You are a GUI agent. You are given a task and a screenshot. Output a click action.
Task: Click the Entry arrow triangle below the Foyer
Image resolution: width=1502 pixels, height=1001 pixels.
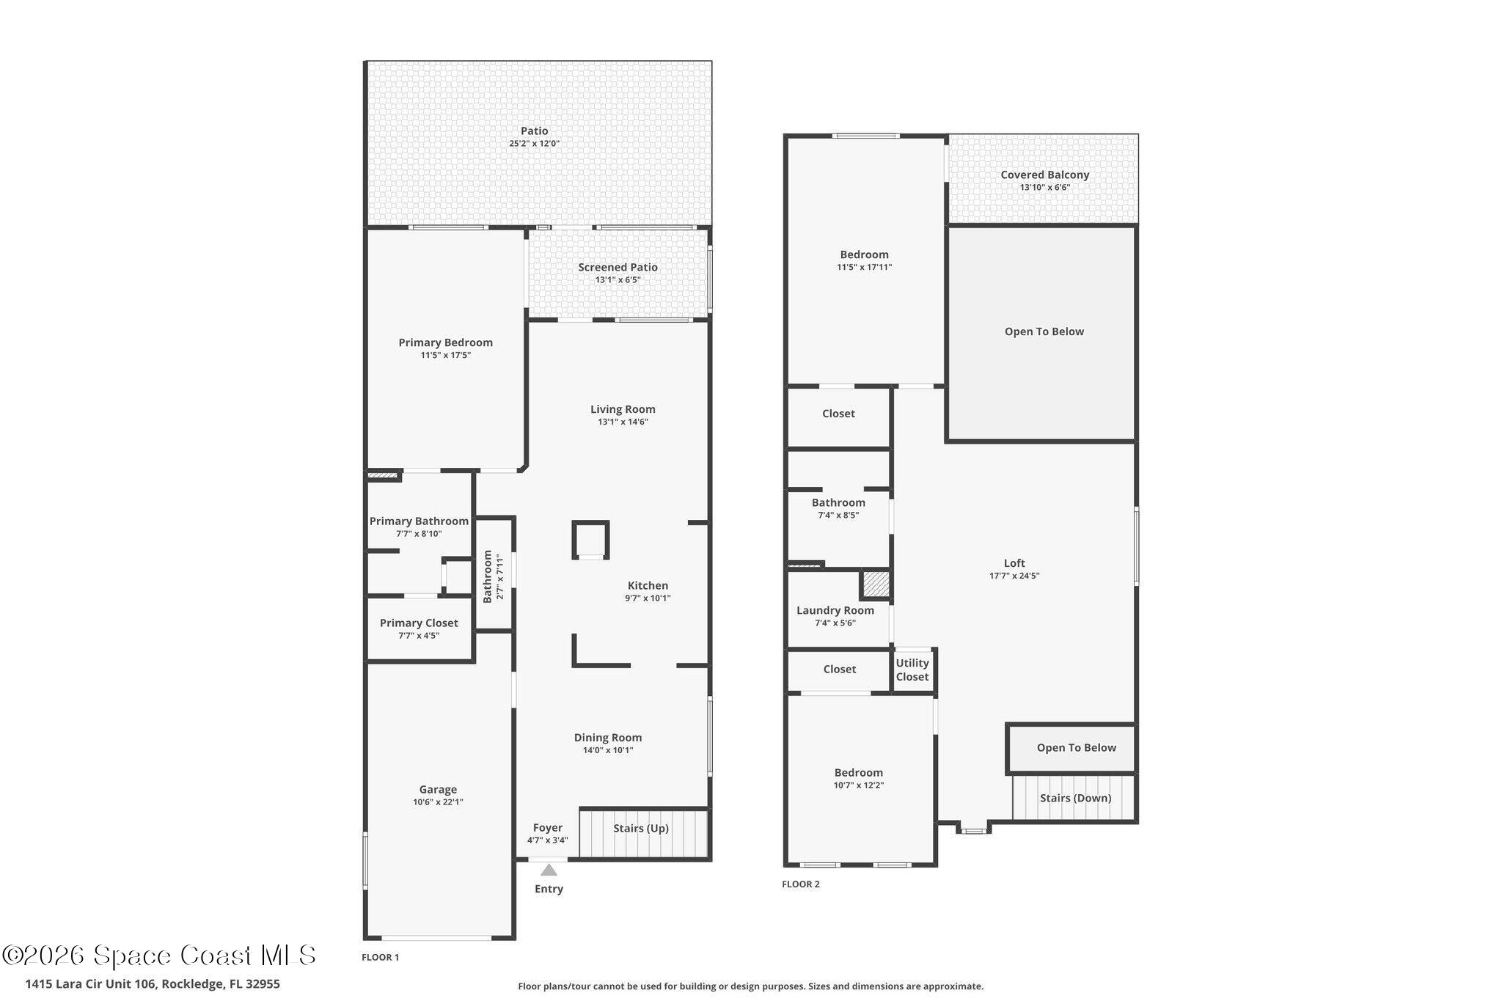(x=549, y=870)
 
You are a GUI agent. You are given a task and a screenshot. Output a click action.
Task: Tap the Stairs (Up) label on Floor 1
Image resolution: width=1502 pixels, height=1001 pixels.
(x=641, y=828)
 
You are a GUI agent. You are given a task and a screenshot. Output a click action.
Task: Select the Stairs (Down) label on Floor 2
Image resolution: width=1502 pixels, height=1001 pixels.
(x=1075, y=798)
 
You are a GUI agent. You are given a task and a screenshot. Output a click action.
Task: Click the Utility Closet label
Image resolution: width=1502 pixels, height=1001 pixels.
(x=912, y=670)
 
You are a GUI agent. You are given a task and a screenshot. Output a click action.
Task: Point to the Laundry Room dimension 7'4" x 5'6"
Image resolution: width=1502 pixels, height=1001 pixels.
(x=835, y=623)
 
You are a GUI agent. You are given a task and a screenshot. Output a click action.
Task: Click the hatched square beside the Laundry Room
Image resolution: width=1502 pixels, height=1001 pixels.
(x=875, y=584)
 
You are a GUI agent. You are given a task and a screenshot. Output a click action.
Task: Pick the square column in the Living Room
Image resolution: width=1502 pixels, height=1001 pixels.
(x=590, y=540)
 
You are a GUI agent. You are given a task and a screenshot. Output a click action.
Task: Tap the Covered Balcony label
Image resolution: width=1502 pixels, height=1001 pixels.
(x=1044, y=175)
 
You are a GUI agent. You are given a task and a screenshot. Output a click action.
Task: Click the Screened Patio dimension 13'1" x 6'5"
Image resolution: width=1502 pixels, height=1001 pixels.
(x=618, y=280)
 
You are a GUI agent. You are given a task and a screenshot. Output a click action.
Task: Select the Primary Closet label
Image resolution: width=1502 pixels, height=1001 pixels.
(x=419, y=623)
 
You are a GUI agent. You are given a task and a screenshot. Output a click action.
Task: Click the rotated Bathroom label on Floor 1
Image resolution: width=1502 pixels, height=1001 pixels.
(x=488, y=576)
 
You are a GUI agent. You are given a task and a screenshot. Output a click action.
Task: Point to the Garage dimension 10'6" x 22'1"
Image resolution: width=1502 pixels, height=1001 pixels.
(x=438, y=802)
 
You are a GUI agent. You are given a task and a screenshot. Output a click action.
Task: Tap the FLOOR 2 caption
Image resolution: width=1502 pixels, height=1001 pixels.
(x=800, y=884)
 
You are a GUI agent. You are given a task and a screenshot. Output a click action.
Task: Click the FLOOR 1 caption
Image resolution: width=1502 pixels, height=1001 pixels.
(x=380, y=957)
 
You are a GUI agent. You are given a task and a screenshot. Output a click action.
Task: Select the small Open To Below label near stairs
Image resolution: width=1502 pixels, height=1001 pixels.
(x=1076, y=748)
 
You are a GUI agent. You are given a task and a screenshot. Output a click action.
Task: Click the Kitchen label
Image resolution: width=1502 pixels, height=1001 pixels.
(x=648, y=585)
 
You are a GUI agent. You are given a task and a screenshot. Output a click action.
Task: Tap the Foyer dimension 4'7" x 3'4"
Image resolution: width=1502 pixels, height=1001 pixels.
(x=547, y=840)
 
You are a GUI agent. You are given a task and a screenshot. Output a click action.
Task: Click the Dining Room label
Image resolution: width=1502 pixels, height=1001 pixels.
(x=607, y=738)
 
